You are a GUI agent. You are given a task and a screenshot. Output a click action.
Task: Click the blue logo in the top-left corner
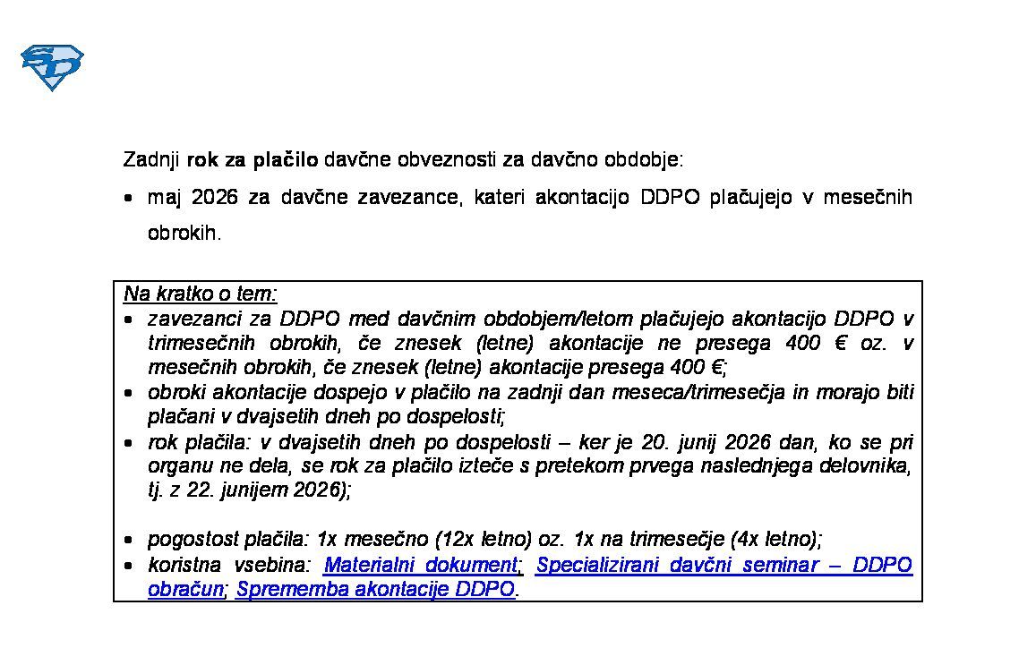pos(52,67)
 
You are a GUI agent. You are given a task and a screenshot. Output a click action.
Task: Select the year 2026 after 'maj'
pos(215,197)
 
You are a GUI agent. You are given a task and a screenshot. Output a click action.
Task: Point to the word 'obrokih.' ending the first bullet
pos(184,233)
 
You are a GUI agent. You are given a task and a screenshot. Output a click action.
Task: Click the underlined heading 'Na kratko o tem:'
pos(201,294)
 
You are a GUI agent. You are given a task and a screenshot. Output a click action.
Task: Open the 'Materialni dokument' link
pos(420,565)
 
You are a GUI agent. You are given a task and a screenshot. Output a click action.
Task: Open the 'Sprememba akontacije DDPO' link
pos(376,589)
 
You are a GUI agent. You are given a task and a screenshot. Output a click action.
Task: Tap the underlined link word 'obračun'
pos(185,589)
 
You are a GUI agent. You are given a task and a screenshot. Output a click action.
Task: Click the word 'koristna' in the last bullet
pos(182,565)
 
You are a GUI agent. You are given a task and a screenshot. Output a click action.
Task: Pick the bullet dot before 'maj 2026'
pos(131,197)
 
